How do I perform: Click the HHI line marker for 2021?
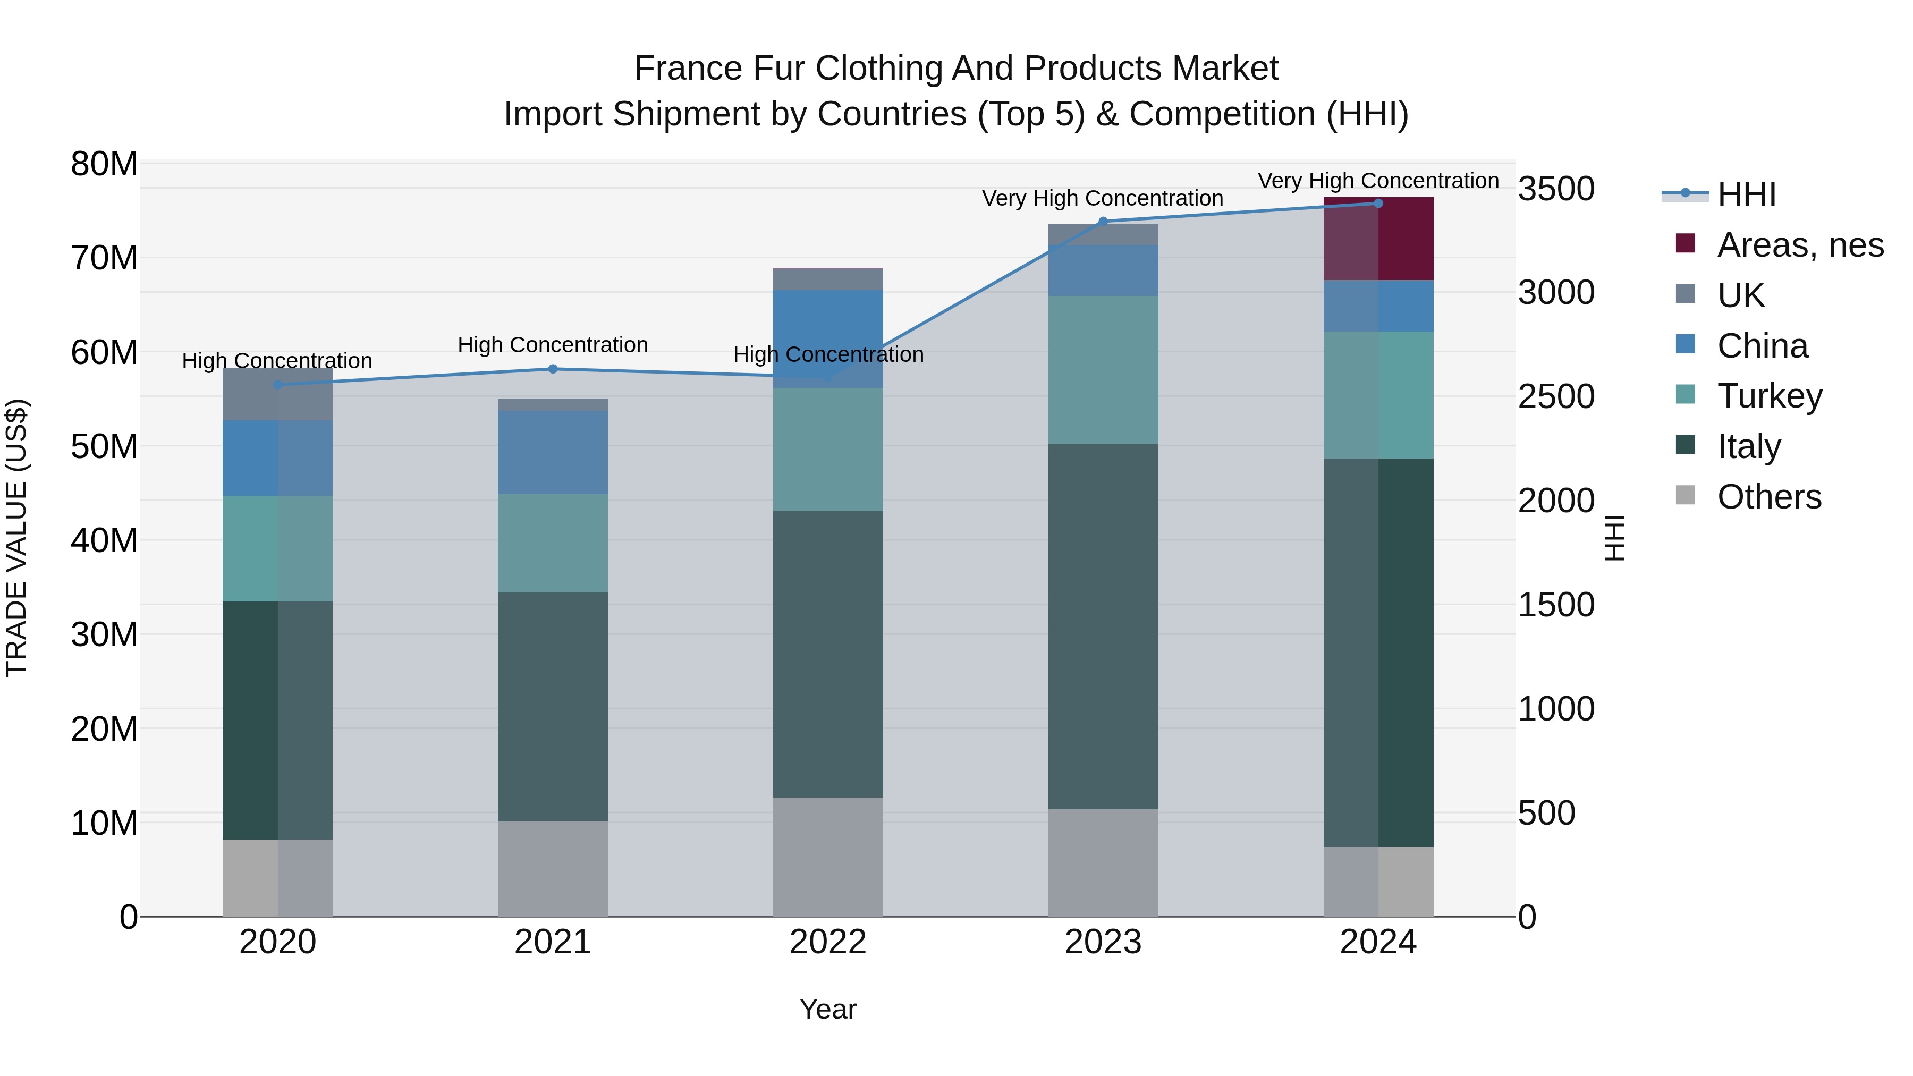[553, 369]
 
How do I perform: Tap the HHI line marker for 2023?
[1103, 221]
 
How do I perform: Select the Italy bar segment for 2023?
[1103, 626]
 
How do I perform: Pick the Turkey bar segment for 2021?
[553, 543]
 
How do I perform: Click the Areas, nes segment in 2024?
[1378, 239]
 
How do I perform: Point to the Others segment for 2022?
[828, 857]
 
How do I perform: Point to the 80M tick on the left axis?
[104, 164]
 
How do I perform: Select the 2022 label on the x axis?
[828, 942]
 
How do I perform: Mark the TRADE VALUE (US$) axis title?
[16, 538]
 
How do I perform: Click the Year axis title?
[828, 1009]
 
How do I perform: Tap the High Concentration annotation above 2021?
[553, 345]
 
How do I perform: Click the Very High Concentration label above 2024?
[1378, 181]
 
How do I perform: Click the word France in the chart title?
[688, 69]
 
